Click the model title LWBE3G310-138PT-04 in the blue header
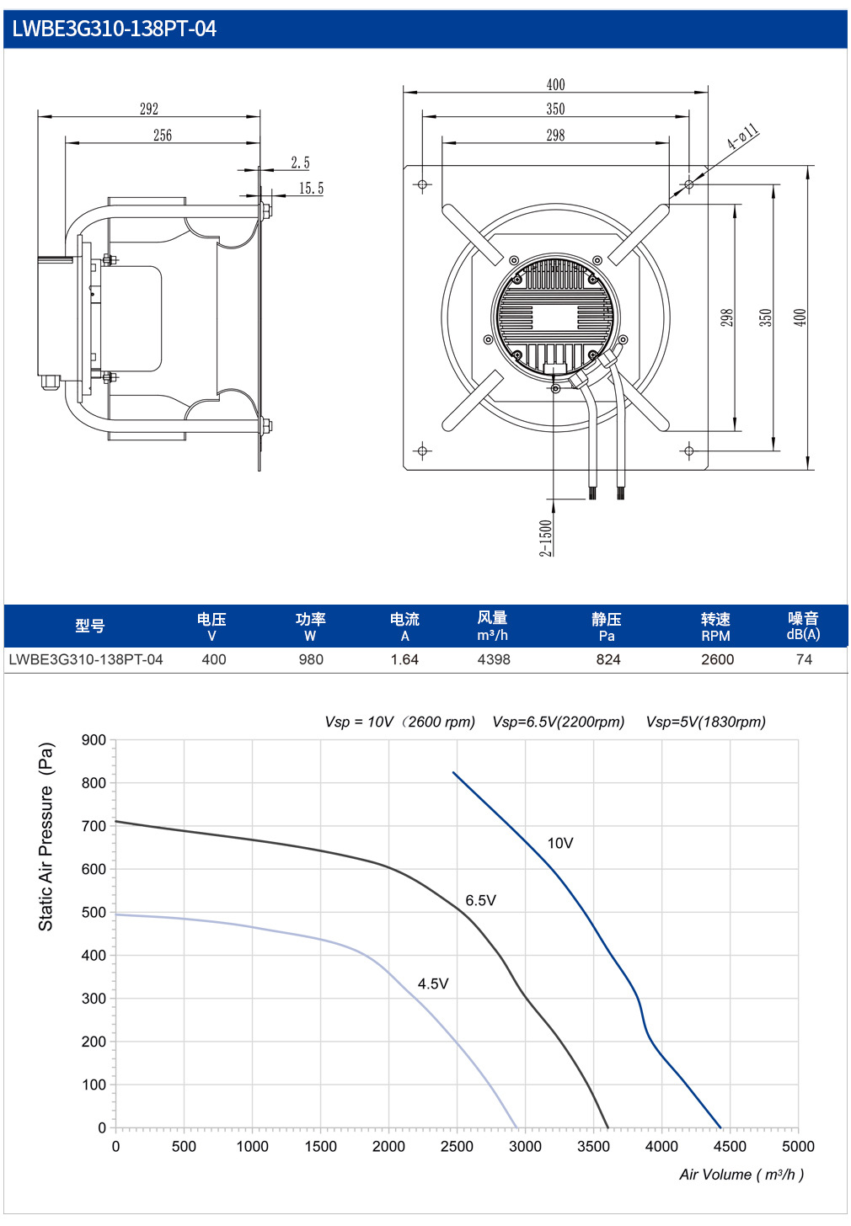115,29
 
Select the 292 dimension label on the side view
149,109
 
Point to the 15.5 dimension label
311,189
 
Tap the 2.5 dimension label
300,163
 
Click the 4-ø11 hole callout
743,136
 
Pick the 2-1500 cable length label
545,538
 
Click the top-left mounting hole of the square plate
422,184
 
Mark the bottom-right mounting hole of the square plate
689,451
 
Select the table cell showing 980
311,659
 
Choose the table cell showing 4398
494,659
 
